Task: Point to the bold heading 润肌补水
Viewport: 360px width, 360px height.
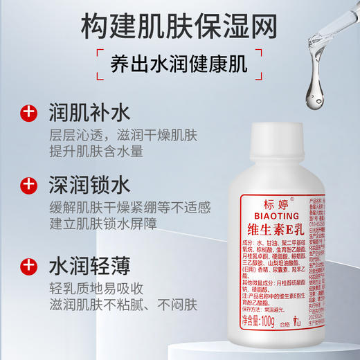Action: tap(87, 111)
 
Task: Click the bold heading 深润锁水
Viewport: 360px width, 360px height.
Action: tap(87, 186)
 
